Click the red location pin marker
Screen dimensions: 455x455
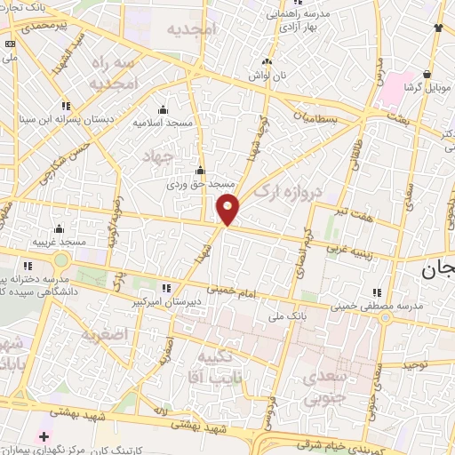tap(227, 208)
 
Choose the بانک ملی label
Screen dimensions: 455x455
tap(287, 315)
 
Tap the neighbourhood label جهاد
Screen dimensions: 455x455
tap(155, 156)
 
